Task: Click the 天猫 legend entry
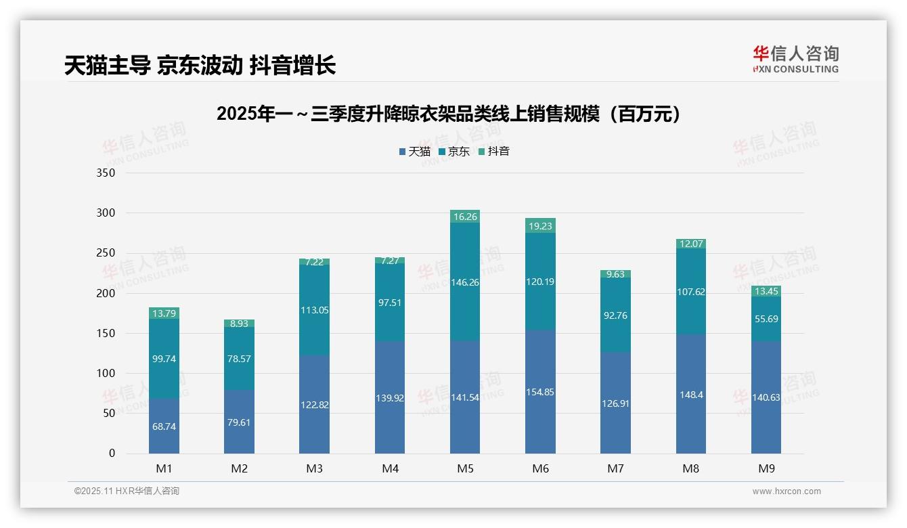(x=415, y=152)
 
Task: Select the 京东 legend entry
(x=454, y=152)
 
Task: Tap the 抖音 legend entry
(x=494, y=152)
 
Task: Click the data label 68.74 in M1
(x=164, y=426)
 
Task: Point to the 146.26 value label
(x=465, y=282)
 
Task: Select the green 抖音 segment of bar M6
(x=540, y=225)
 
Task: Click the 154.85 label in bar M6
(x=540, y=392)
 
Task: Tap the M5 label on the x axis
(x=465, y=468)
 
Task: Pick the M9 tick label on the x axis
(x=766, y=468)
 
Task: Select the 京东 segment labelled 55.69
(x=766, y=318)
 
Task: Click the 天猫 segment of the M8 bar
(x=690, y=394)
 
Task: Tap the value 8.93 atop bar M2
(x=240, y=324)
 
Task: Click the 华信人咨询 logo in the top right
(x=795, y=60)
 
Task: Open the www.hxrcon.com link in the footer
(x=787, y=491)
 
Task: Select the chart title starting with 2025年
(x=448, y=114)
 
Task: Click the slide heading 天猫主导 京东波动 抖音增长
(x=200, y=66)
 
